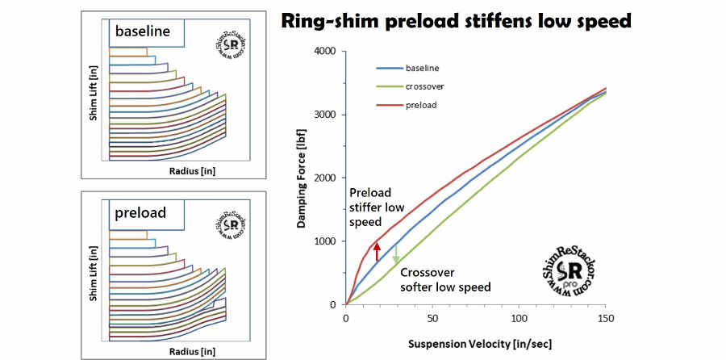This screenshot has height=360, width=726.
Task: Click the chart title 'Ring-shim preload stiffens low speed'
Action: tap(455, 22)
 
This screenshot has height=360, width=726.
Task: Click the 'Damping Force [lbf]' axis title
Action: tap(301, 179)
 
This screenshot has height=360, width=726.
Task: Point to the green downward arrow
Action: tap(396, 252)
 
